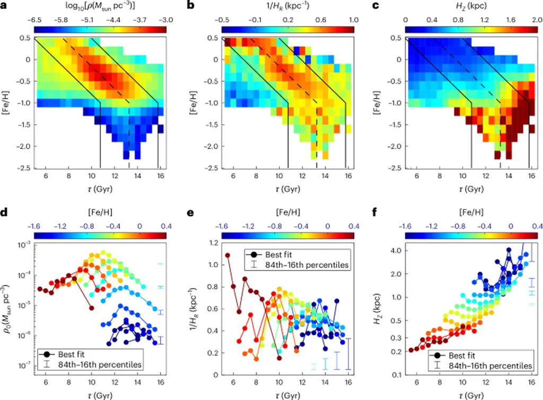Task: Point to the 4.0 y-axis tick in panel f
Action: tap(396, 250)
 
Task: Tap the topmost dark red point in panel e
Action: tap(228, 255)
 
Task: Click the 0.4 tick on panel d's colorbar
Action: tap(162, 225)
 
